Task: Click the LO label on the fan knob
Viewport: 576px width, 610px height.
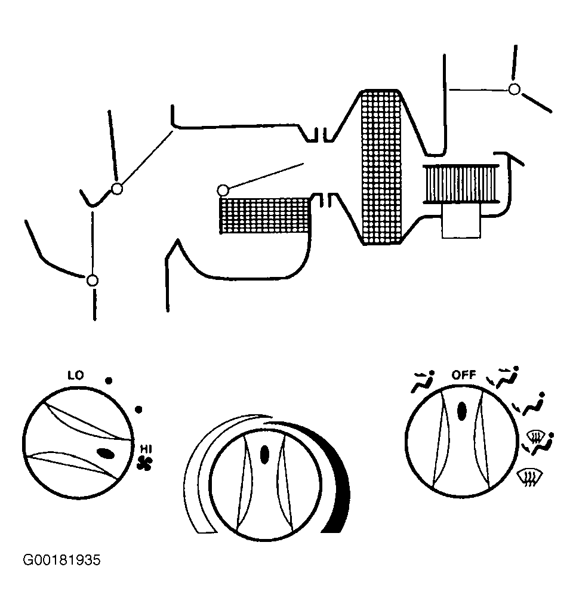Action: pyautogui.click(x=76, y=375)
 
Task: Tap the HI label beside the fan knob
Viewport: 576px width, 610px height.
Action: pyautogui.click(x=146, y=449)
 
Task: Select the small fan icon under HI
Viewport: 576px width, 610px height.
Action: pyautogui.click(x=144, y=463)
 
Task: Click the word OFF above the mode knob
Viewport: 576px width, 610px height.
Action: pyautogui.click(x=464, y=375)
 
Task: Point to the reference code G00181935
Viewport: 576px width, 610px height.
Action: pyautogui.click(x=62, y=560)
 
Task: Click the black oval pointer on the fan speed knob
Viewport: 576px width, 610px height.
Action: pyautogui.click(x=106, y=454)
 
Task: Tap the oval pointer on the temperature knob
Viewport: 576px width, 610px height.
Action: pyautogui.click(x=264, y=454)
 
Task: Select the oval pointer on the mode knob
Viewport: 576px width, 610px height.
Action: pyautogui.click(x=462, y=411)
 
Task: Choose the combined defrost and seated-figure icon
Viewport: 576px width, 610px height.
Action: pyautogui.click(x=538, y=442)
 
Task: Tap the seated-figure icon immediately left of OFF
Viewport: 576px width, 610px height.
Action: pyautogui.click(x=423, y=381)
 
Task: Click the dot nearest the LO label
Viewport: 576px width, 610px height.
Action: pyautogui.click(x=109, y=380)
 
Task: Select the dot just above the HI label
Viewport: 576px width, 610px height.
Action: pyautogui.click(x=138, y=409)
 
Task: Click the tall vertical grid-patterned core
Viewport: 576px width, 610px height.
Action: pyautogui.click(x=381, y=167)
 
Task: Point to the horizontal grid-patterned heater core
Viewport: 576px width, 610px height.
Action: pyautogui.click(x=265, y=215)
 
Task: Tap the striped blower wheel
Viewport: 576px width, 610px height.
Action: pyautogui.click(x=461, y=184)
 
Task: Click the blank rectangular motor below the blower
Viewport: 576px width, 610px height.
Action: pyautogui.click(x=461, y=221)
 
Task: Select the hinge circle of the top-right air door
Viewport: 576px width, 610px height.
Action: pyautogui.click(x=514, y=90)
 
